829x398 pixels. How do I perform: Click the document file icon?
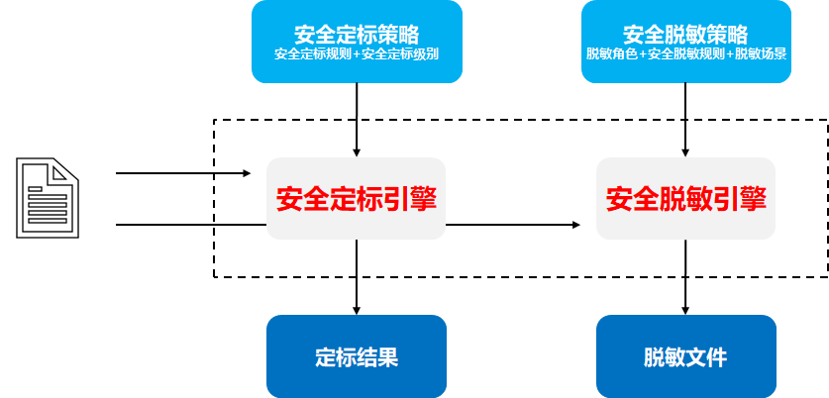[x=47, y=198]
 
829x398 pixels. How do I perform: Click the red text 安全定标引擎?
[x=356, y=199]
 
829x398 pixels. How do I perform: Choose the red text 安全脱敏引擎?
[x=685, y=199]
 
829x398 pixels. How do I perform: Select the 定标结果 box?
[x=356, y=356]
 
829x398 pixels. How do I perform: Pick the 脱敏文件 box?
[x=685, y=356]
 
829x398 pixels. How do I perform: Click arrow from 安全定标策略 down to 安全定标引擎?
[x=356, y=119]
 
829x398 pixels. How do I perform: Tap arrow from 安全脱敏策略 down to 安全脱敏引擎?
[x=685, y=119]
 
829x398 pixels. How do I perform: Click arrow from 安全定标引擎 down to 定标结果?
[x=356, y=277]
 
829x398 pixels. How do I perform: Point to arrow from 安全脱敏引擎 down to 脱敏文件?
[x=685, y=277]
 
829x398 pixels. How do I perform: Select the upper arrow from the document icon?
[x=183, y=174]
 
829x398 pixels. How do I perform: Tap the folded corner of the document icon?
[x=64, y=169]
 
